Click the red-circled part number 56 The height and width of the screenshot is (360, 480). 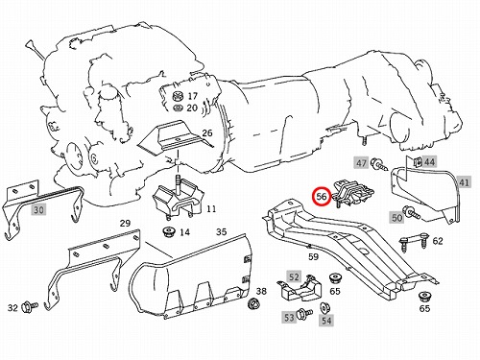pos(322,197)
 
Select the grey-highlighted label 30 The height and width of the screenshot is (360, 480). pos(38,210)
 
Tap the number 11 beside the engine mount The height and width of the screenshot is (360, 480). pos(211,209)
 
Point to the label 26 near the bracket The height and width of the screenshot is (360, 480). pos(207,132)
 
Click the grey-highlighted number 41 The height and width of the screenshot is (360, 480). pos(464,182)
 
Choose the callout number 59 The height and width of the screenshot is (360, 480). pos(313,256)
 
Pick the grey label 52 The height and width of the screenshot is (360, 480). pos(294,276)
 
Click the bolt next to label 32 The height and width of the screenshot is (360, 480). pos(30,307)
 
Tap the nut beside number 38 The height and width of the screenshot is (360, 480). pos(253,302)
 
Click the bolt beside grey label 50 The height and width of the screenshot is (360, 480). pos(412,212)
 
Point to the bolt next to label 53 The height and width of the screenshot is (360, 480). pos(304,313)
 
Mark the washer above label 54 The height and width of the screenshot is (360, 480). pos(325,308)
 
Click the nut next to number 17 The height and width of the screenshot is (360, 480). pos(178,96)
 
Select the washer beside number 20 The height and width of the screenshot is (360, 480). pos(178,108)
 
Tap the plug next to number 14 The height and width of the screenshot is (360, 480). pos(167,231)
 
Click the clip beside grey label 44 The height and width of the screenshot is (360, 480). pos(418,162)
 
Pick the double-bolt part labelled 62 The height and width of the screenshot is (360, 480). pos(413,242)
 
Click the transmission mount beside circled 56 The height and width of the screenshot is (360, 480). pos(353,192)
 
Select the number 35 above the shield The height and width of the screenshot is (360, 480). pos(221,231)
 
